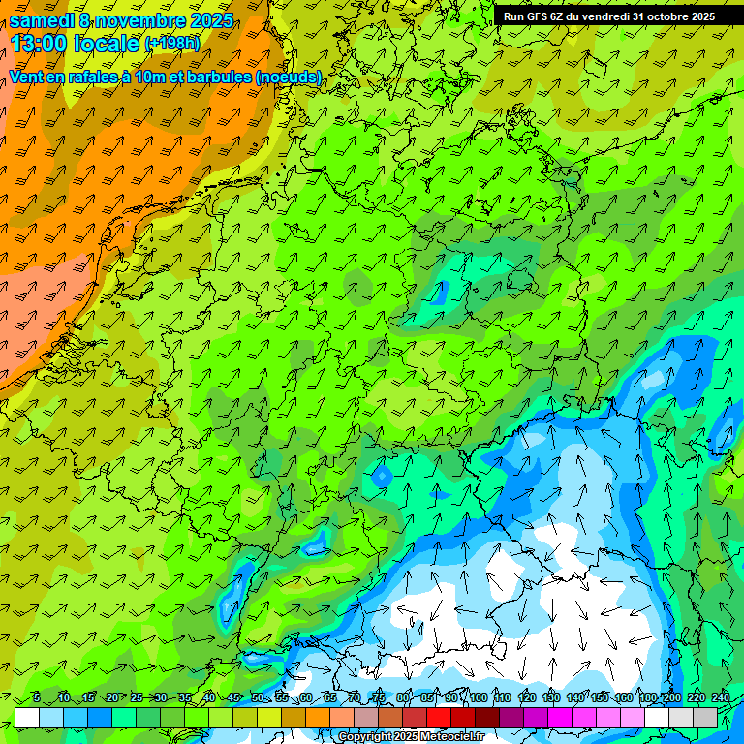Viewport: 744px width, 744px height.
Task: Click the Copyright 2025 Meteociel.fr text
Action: tap(413, 737)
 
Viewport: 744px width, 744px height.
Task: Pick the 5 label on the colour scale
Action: tap(36, 697)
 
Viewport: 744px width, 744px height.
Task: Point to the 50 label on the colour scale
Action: tap(258, 697)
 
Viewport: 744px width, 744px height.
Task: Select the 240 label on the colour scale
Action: tap(721, 697)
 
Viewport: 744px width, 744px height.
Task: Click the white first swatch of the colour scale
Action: tap(27, 717)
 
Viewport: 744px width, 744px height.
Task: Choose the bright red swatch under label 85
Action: tap(439, 717)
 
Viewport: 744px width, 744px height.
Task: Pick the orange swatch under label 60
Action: tap(318, 717)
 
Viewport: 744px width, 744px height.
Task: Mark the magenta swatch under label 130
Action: tap(560, 717)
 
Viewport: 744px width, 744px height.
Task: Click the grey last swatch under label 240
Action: tap(705, 717)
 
